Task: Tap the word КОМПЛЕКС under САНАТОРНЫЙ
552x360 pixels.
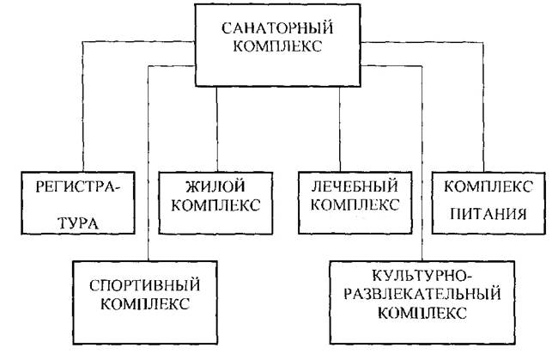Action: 274,47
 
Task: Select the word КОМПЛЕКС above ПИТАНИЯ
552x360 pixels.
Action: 488,187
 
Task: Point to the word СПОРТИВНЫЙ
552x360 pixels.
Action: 142,284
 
